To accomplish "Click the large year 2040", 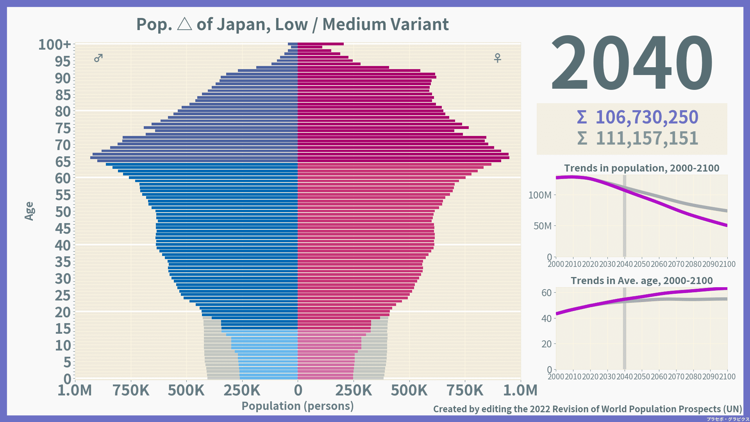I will coord(632,63).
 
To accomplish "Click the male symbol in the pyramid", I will coord(98,58).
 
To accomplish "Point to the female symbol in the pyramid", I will coord(497,58).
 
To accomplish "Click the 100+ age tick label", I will coord(55,45).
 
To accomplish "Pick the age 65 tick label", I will coord(63,162).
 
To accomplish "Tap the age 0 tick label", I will coord(67,379).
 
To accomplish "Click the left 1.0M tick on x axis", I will coord(75,390).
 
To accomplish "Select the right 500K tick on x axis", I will coord(409,390).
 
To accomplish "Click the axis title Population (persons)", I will coord(298,406).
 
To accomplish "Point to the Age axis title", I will coord(29,211).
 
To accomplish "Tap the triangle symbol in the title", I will coord(184,24).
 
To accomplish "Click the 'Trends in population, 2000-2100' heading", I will coord(641,168).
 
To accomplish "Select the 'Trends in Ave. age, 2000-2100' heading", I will coord(641,281).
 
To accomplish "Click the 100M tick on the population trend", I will coord(540,195).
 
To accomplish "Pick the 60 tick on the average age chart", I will coord(546,293).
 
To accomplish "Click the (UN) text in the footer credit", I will coord(732,409).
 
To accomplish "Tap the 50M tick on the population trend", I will coord(543,226).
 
